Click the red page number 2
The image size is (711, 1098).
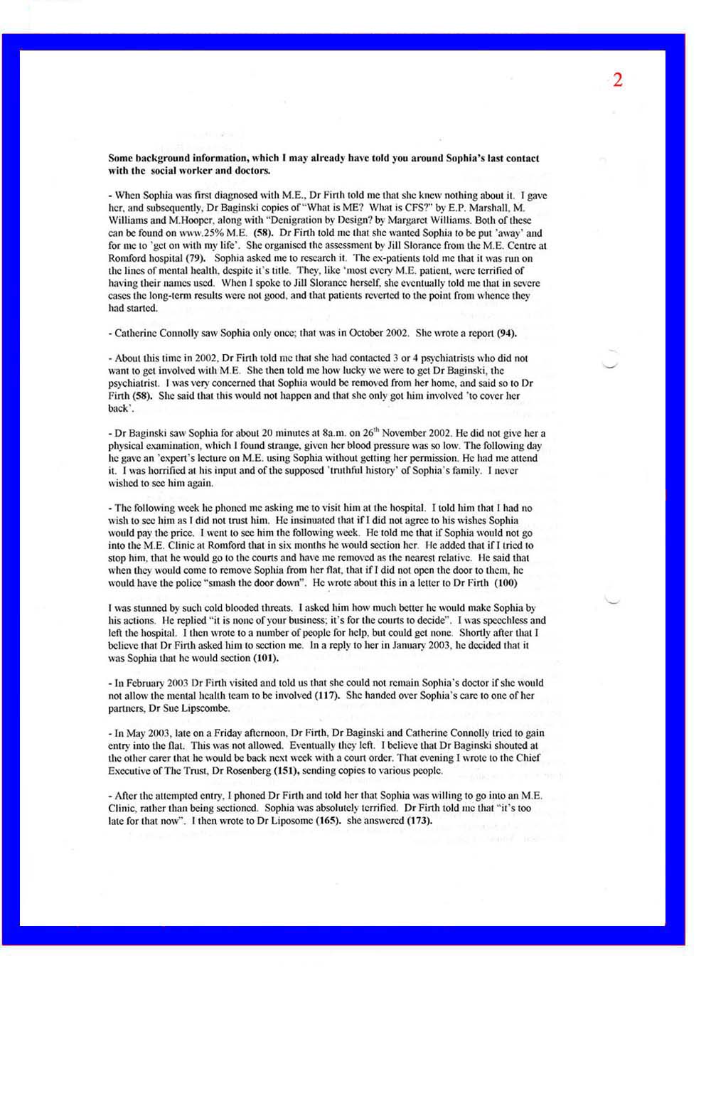(x=617, y=80)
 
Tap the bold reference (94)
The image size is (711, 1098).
(x=506, y=333)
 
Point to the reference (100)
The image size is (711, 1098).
(x=506, y=583)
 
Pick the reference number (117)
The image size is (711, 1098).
(x=326, y=695)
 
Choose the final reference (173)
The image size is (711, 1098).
(x=419, y=821)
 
